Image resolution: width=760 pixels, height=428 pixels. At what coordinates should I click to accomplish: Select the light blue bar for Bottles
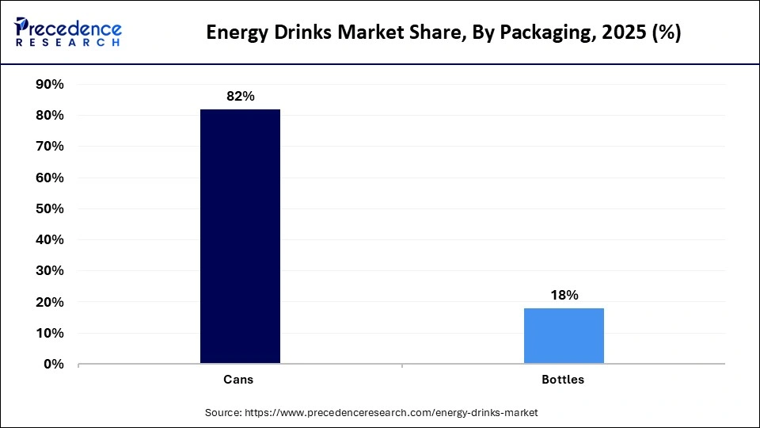(x=564, y=336)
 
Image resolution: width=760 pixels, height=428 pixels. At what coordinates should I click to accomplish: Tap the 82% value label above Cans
(x=240, y=96)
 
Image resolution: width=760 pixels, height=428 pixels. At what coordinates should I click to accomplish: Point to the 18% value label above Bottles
(x=564, y=295)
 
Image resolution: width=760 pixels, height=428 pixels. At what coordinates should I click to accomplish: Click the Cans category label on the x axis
(x=238, y=380)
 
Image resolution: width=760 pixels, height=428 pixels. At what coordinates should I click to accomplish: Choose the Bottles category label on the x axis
(x=563, y=380)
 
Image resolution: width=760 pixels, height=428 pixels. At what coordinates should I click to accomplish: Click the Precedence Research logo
(x=68, y=32)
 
